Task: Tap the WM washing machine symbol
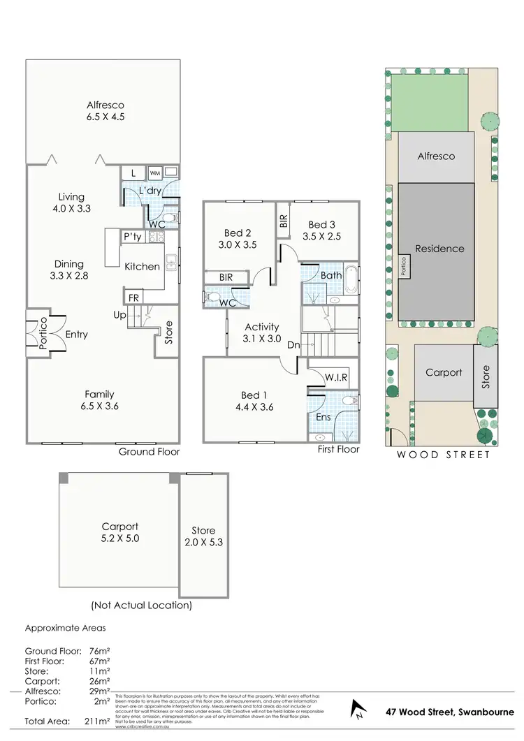(154, 172)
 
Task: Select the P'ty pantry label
(132, 237)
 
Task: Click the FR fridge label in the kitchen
(132, 298)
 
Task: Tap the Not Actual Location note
(141, 605)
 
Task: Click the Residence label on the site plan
(439, 248)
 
